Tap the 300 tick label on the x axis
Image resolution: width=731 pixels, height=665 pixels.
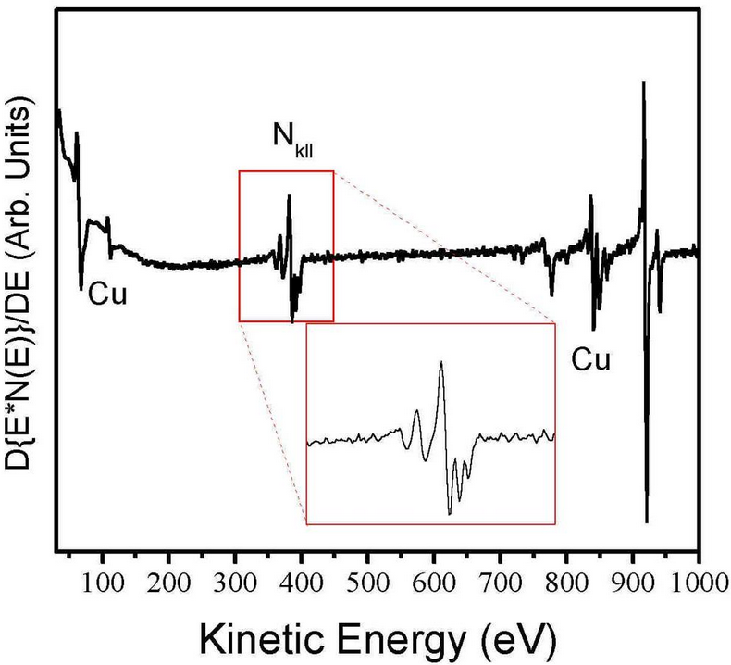[235, 583]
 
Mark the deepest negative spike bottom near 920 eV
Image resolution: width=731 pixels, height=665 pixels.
[646, 521]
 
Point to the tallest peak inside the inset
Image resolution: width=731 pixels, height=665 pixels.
[441, 362]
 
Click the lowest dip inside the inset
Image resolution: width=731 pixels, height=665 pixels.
[450, 513]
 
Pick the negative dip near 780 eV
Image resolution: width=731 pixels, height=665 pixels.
[551, 295]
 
